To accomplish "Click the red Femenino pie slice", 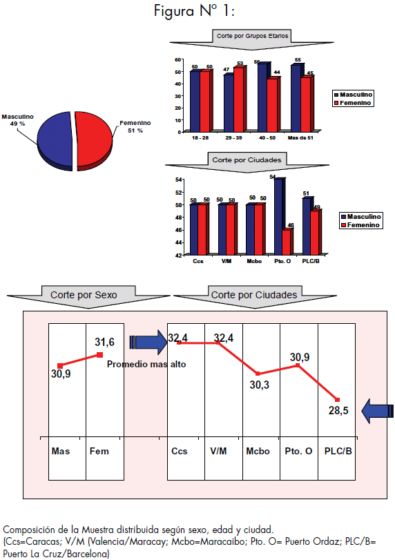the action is pyautogui.click(x=94, y=140).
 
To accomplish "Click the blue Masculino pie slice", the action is pyautogui.click(x=55, y=140).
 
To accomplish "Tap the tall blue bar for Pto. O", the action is pyautogui.click(x=279, y=216).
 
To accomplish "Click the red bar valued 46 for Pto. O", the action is pyautogui.click(x=287, y=242).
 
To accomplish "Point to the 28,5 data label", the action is pyautogui.click(x=338, y=411).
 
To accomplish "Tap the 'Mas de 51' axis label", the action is pyautogui.click(x=300, y=138).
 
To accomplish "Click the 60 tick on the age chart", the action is pyautogui.click(x=178, y=59).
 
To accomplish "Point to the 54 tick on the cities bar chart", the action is pyautogui.click(x=178, y=180).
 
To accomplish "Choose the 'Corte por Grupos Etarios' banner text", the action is pyautogui.click(x=252, y=36).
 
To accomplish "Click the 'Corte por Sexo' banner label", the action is pyautogui.click(x=84, y=295).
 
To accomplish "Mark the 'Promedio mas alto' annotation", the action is pyautogui.click(x=146, y=365).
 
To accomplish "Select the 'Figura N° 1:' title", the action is pyautogui.click(x=194, y=11).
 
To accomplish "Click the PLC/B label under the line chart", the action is pyautogui.click(x=338, y=451).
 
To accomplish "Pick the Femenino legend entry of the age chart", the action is pyautogui.click(x=353, y=103).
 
